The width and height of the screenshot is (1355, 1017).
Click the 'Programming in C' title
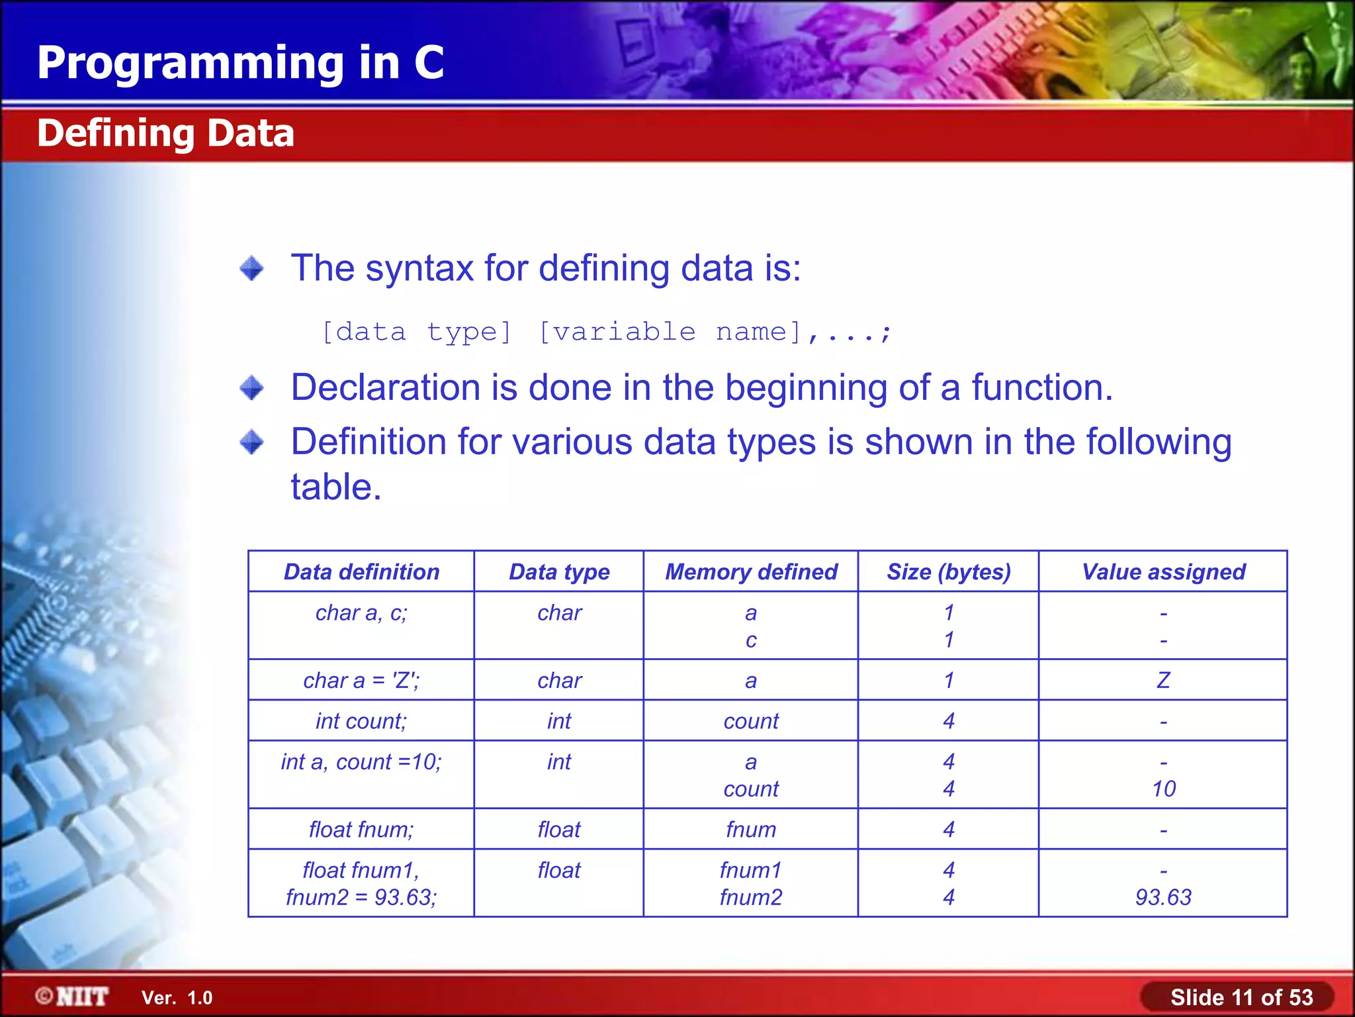pyautogui.click(x=240, y=63)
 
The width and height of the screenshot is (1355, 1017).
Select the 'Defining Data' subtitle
pyautogui.click(x=165, y=133)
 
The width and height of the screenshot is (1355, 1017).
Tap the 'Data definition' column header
pyautogui.click(x=361, y=572)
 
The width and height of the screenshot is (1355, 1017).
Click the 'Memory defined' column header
pyautogui.click(x=751, y=572)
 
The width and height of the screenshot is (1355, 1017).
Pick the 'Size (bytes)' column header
pyautogui.click(x=949, y=572)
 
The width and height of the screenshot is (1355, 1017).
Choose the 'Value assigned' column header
pyautogui.click(x=1163, y=572)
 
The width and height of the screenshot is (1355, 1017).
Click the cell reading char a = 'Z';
pyautogui.click(x=361, y=681)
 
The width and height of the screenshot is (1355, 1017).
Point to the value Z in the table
pyautogui.click(x=1163, y=681)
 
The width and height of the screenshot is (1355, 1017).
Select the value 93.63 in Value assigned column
pyautogui.click(x=1163, y=898)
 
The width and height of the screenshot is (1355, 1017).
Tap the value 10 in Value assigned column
pyautogui.click(x=1163, y=789)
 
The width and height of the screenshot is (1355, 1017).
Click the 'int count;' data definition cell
pyautogui.click(x=361, y=721)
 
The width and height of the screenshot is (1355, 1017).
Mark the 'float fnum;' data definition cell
pyautogui.click(x=361, y=830)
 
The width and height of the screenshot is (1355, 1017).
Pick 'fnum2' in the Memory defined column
pyautogui.click(x=751, y=898)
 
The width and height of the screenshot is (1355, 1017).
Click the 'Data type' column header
pyautogui.click(x=559, y=572)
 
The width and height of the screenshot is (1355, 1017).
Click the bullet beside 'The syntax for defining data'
pyautogui.click(x=251, y=269)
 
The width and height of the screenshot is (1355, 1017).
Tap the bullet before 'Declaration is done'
pyautogui.click(x=251, y=388)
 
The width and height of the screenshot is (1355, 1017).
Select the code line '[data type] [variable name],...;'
pyautogui.click(x=606, y=332)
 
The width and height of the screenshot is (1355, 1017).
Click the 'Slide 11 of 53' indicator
pyautogui.click(x=1241, y=997)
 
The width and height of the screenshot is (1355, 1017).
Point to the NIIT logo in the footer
pyautogui.click(x=73, y=996)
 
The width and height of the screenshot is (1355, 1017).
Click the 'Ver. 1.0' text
pyautogui.click(x=177, y=998)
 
